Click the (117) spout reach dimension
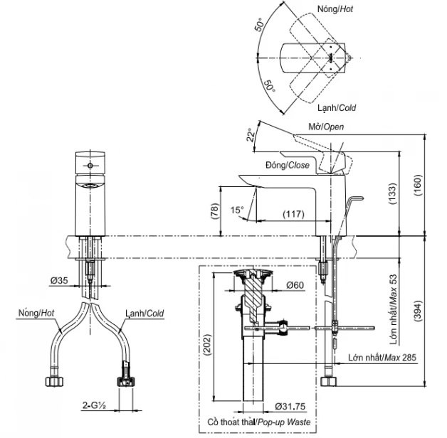[290, 213]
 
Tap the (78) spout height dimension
[214, 210]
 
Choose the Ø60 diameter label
[295, 286]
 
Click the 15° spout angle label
[238, 210]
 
